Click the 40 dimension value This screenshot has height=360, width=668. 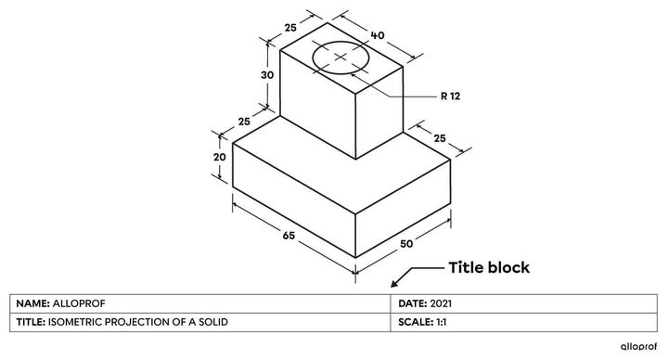pos(378,35)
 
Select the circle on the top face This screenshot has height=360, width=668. pos(340,58)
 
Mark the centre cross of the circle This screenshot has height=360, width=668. pos(340,58)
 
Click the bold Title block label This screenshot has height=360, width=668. pos(489,267)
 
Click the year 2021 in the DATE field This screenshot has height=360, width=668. pos(442,303)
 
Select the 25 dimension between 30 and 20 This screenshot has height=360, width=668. pos(245,122)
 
